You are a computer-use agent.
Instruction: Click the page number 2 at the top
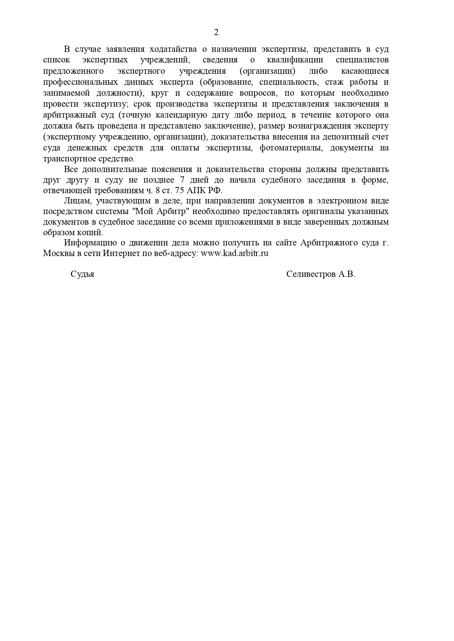click(x=216, y=33)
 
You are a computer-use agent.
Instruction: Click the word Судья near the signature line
click(x=82, y=274)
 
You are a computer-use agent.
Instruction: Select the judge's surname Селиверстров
click(x=311, y=274)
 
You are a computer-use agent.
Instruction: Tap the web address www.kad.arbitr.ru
click(x=234, y=253)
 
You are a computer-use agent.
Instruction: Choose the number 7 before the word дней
click(x=182, y=180)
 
